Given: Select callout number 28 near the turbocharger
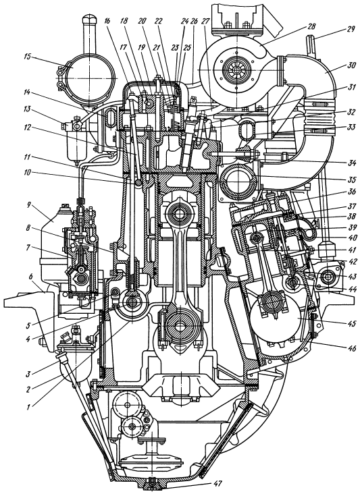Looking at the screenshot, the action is coord(311,26).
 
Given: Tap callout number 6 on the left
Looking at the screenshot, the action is coord(31,276).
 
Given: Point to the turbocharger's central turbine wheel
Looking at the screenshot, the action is coord(236,69).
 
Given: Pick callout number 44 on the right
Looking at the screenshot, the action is coord(353,289).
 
